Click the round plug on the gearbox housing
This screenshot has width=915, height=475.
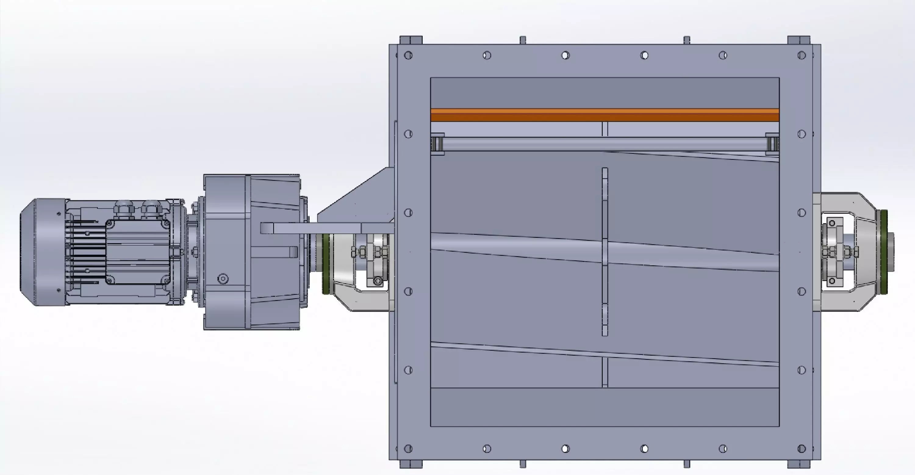coord(223,279)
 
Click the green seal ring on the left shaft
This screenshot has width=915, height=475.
coord(326,263)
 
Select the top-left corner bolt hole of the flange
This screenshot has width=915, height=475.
coord(408,56)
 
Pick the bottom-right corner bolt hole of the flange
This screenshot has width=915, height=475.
coord(801,449)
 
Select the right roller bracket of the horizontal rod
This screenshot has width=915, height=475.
coord(772,144)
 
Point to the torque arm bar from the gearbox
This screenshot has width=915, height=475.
coord(327,228)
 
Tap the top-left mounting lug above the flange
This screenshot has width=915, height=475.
coord(411,40)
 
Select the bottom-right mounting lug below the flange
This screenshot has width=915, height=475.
coord(799,464)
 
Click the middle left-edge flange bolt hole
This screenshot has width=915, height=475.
coord(408,212)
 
